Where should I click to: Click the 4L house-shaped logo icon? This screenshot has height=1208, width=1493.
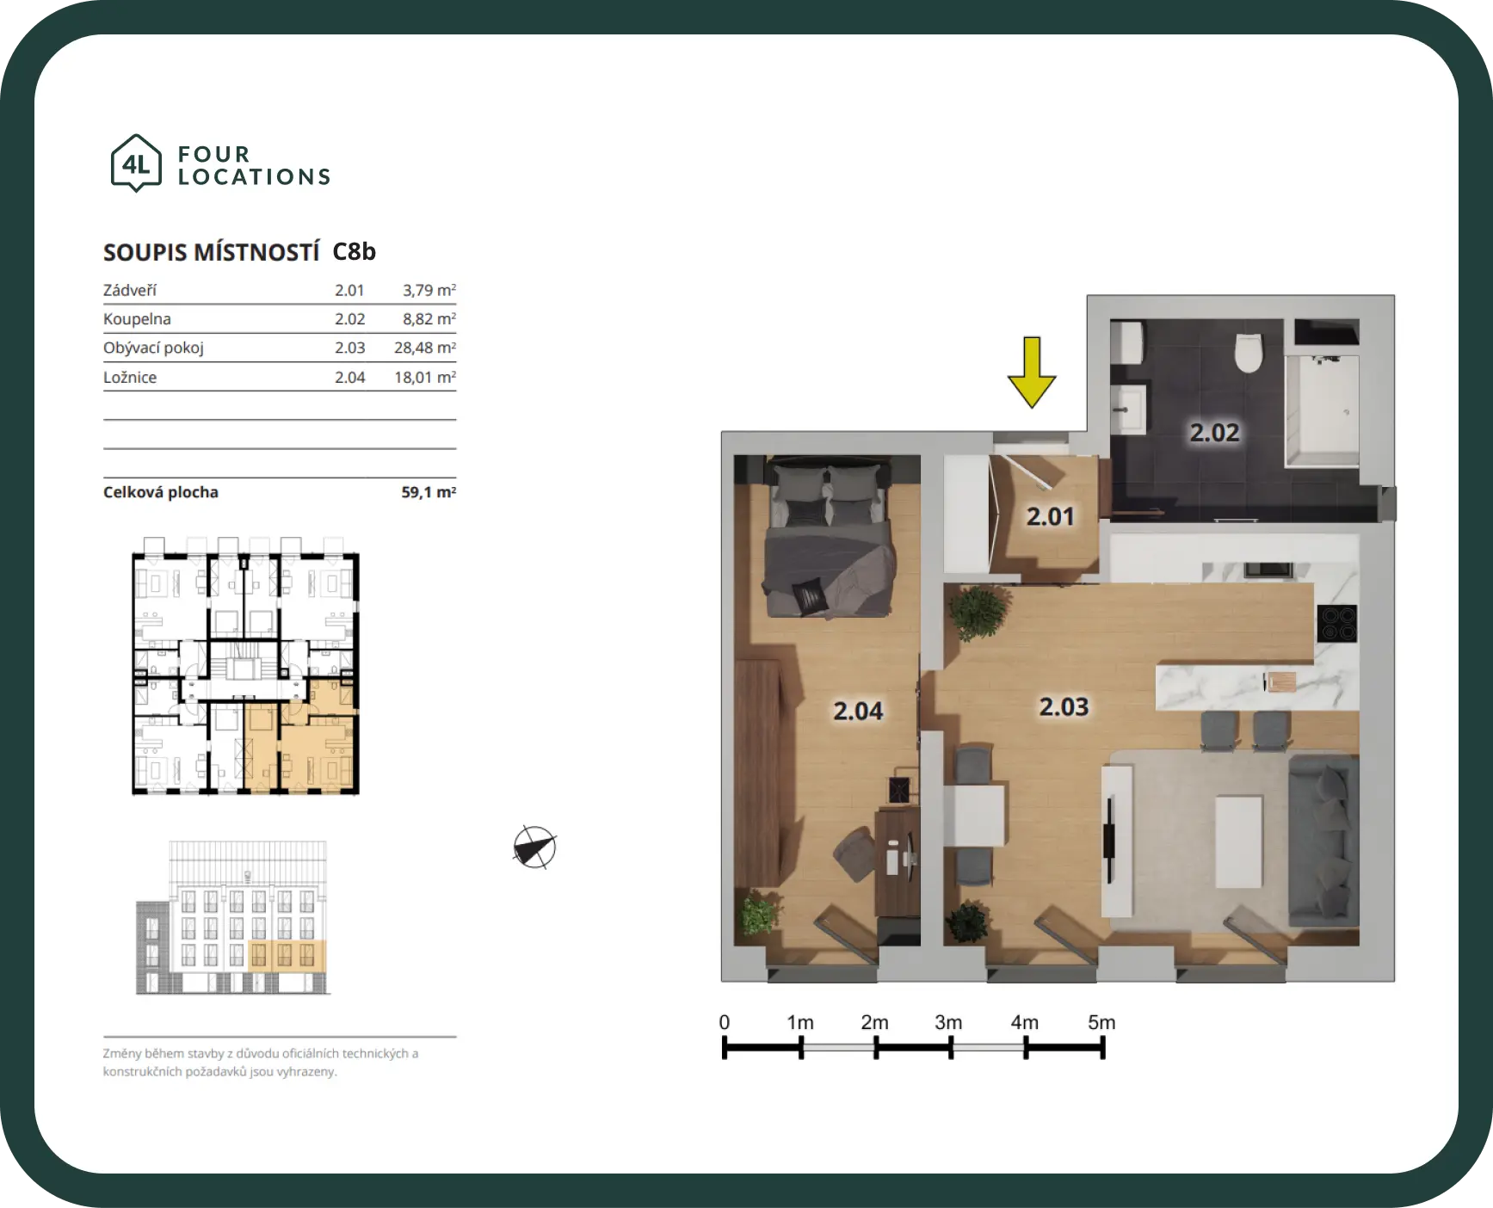point(136,163)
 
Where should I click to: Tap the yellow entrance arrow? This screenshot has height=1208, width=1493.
point(1032,372)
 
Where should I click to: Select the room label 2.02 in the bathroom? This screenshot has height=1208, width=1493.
point(1214,432)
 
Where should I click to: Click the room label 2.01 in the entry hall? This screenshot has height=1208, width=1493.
point(1050,516)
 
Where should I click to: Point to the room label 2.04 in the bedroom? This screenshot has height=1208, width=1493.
point(858,711)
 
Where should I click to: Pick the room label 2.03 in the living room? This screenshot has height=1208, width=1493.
point(1064,706)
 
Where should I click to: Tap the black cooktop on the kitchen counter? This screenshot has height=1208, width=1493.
point(1336,623)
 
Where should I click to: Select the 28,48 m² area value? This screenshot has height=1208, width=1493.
point(425,348)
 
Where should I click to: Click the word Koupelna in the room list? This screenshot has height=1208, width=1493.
point(137,319)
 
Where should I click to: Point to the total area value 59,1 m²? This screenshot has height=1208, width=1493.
point(429,492)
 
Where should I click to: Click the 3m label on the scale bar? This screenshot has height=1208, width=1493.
point(948,1022)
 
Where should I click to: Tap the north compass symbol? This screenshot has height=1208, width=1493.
point(534,847)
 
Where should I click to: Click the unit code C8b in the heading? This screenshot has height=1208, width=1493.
point(355,251)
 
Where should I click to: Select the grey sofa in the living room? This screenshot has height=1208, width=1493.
point(1323,840)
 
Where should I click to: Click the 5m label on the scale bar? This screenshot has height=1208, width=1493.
point(1101,1022)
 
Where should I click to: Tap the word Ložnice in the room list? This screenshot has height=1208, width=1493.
point(130,377)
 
